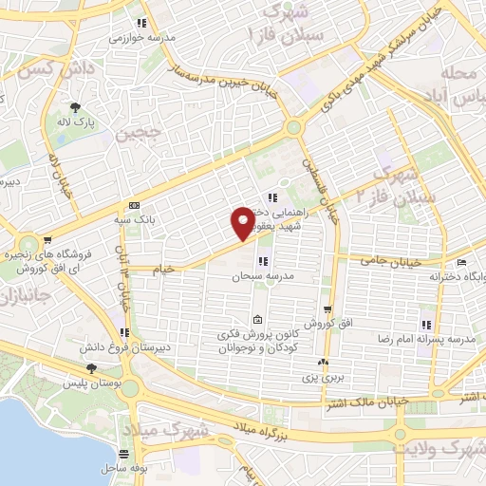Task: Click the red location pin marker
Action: (244, 224)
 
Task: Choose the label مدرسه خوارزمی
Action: (137, 38)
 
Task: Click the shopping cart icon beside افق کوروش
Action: (327, 308)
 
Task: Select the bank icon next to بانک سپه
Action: (133, 205)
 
